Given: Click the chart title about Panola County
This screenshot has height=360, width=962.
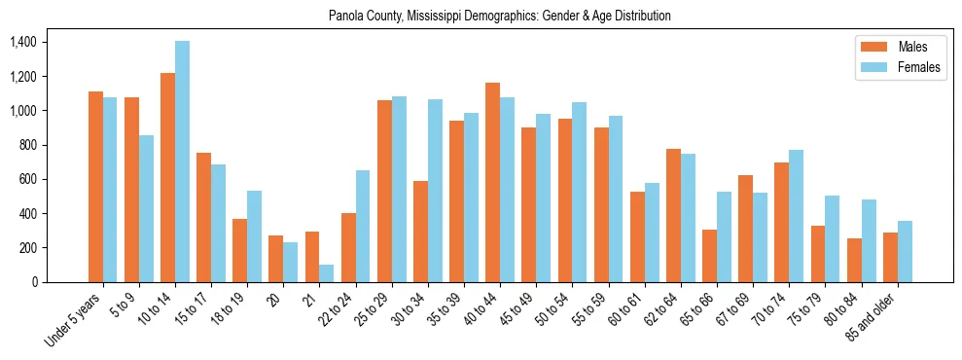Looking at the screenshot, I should click(x=500, y=17).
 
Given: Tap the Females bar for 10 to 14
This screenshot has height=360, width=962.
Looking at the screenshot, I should click(x=183, y=162).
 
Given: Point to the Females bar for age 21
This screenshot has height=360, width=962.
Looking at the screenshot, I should click(x=327, y=273).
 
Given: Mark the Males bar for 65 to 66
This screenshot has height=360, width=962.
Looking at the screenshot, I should click(x=709, y=256).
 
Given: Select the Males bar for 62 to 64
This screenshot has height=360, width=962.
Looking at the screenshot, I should click(x=673, y=215).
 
